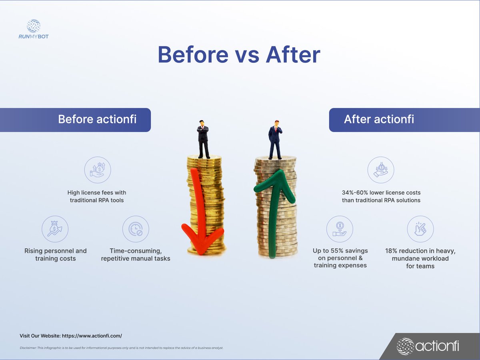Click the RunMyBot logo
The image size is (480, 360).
[34, 29]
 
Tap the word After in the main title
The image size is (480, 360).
[292, 55]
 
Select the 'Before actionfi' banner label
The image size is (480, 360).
[97, 119]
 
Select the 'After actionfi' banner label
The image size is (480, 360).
[379, 119]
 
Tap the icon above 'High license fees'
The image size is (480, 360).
[98, 170]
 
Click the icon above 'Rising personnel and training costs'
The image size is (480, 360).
[55, 229]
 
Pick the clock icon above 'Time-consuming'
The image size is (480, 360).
[136, 229]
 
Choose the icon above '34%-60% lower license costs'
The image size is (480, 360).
[381, 170]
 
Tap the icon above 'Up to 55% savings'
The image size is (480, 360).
[340, 229]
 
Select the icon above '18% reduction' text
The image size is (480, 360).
[420, 229]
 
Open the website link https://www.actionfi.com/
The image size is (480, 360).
[92, 336]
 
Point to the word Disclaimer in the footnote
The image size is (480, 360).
[28, 348]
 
